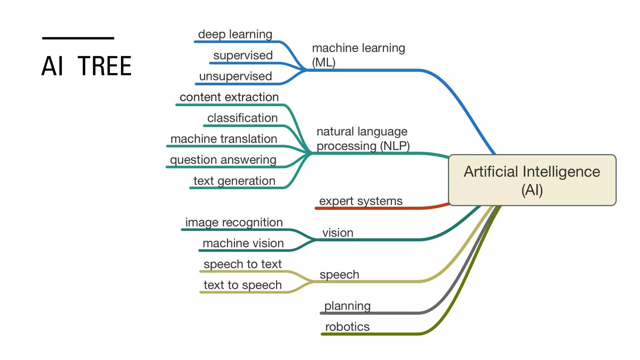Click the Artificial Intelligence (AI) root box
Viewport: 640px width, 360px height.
[532, 180]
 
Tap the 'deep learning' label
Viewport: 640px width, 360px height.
[235, 34]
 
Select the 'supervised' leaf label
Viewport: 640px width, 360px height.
[243, 55]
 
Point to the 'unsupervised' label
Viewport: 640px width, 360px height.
[235, 76]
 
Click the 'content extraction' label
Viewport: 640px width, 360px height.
[229, 97]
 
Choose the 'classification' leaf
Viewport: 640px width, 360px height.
[242, 118]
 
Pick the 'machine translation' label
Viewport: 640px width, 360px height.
[224, 139]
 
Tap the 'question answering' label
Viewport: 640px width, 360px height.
[223, 160]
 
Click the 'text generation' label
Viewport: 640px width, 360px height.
[234, 181]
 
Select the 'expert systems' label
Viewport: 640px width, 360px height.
[361, 201]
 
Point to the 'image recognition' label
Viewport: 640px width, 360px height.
[234, 222]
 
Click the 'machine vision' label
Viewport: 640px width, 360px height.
[243, 243]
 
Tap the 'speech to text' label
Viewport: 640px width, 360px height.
[242, 264]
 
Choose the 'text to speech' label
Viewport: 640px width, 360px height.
[242, 285]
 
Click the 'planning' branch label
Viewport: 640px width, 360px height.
[347, 306]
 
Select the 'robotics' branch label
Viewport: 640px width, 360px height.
[347, 327]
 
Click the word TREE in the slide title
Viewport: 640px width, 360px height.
[104, 66]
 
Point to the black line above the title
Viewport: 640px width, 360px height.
[78, 38]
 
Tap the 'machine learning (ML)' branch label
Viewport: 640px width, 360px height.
[358, 55]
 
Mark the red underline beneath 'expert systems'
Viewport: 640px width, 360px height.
[375, 208]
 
